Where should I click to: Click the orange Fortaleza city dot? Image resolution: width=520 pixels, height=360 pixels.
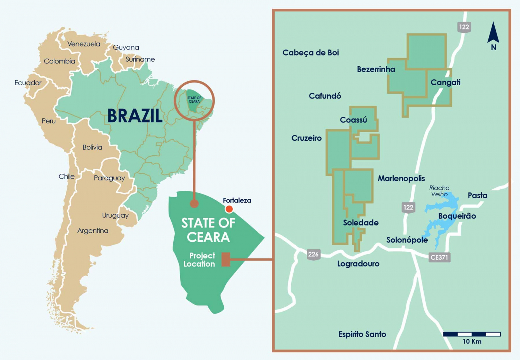pos(229,209)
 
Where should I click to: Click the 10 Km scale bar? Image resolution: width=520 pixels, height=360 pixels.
pos(472,334)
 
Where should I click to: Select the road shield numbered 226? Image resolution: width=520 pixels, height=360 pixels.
pos(313,254)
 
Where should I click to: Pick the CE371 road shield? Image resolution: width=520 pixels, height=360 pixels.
pos(439,257)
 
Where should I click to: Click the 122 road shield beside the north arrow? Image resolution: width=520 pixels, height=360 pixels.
pos(464,27)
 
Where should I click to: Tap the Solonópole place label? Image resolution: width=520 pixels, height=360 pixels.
pos(407,240)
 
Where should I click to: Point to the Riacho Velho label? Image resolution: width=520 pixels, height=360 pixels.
pos(439,191)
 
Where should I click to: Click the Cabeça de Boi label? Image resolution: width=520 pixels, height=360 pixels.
pos(311,53)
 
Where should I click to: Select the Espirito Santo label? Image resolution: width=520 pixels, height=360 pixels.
pos(362,334)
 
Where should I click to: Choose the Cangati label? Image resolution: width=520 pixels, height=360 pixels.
pos(445,83)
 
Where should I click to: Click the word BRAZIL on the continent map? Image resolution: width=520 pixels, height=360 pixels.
pos(135,116)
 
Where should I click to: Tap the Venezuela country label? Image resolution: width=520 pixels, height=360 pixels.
pos(84,44)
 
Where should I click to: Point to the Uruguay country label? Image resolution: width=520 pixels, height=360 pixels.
pos(115,215)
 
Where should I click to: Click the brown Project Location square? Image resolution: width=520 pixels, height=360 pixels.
pos(226,259)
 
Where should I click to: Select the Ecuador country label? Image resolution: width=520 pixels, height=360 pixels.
pos(28,83)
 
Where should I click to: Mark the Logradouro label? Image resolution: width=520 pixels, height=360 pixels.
pos(358,264)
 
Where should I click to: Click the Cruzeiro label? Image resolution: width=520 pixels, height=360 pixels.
pos(306,138)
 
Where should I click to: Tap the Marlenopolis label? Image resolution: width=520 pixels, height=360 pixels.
pos(401,179)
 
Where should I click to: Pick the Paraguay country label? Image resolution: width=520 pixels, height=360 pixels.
pos(109,178)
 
